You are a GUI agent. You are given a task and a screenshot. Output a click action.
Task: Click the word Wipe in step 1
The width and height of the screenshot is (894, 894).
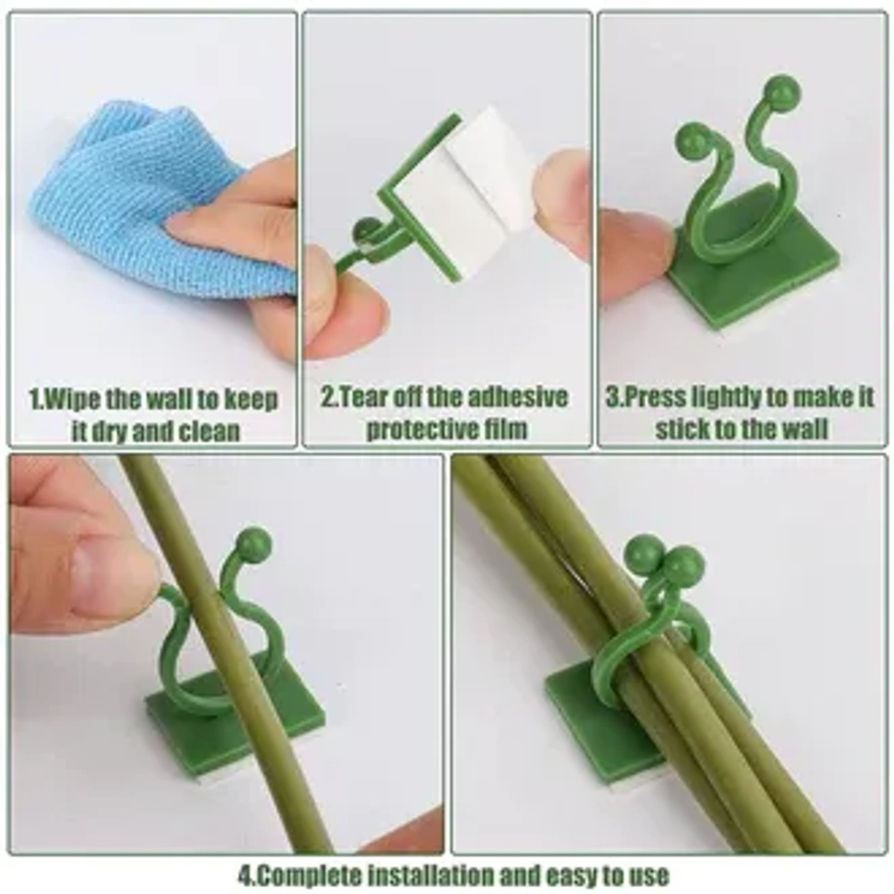point(70,399)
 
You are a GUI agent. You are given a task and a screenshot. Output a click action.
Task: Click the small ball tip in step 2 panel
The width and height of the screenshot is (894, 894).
point(365,230)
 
